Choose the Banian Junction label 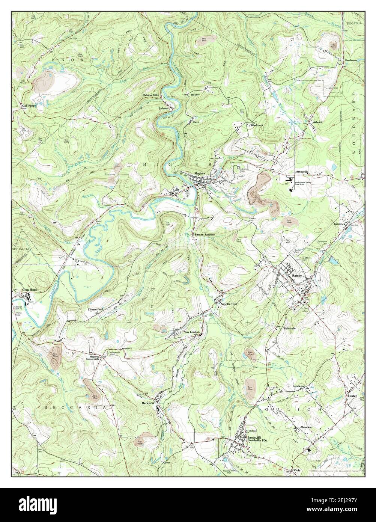[205, 234]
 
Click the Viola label [298, 471]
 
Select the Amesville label [302, 171]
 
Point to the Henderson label [349, 60]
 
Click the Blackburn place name [257, 125]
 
